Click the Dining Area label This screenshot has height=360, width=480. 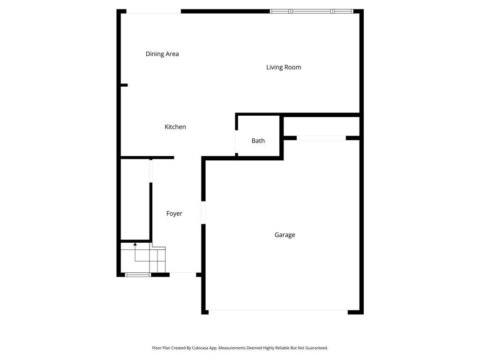click(162, 54)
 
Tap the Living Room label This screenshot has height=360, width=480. click(284, 67)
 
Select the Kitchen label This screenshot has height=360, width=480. click(175, 127)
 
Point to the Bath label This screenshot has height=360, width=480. click(258, 141)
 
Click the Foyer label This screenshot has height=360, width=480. click(174, 213)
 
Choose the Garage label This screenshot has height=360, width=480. click(285, 235)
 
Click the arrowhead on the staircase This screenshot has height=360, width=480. click(135, 244)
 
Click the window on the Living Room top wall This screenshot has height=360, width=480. click(311, 11)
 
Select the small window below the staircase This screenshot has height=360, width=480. click(138, 275)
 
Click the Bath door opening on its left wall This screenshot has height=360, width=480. click(237, 141)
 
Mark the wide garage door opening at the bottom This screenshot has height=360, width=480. click(278, 310)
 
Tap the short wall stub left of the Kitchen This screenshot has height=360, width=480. click(124, 85)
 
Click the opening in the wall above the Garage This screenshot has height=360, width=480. click(321, 138)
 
